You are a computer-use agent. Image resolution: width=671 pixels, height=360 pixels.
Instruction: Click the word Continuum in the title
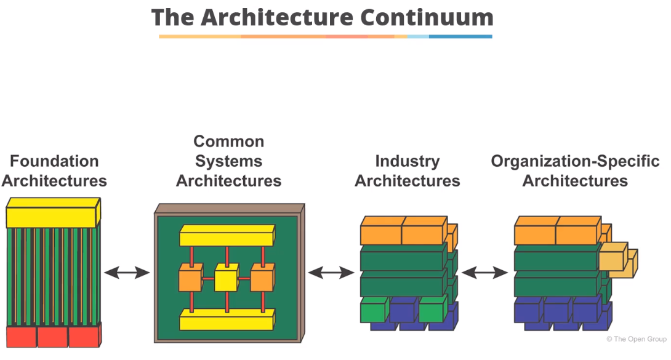[427, 17]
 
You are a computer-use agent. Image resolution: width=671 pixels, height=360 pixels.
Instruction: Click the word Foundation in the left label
[54, 161]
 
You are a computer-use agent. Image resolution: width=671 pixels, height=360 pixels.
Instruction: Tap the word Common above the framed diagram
[228, 142]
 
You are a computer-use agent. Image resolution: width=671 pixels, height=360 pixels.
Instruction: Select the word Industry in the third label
[407, 161]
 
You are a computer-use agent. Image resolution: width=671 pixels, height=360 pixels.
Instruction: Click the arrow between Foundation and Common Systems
[127, 272]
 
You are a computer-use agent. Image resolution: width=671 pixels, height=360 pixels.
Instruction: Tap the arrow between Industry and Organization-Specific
[484, 272]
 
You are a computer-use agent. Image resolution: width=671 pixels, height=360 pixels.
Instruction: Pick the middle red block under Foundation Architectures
[52, 337]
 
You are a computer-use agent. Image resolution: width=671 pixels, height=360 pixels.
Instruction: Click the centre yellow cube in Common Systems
[225, 279]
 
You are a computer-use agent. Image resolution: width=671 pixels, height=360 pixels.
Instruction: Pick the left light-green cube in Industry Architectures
[374, 311]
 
